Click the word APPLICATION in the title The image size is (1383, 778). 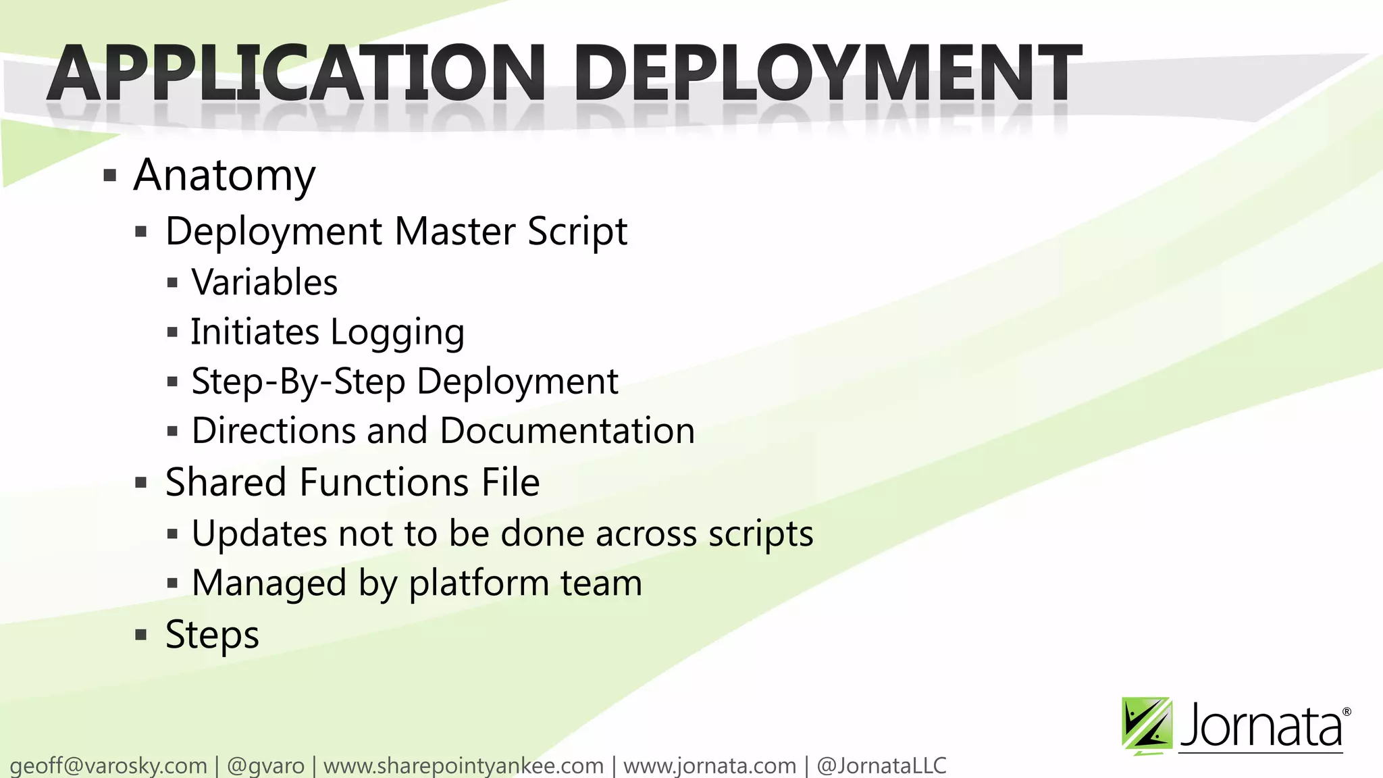click(x=297, y=73)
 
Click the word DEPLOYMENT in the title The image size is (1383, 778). click(x=827, y=73)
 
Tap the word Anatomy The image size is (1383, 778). click(x=224, y=176)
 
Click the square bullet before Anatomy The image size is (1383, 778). click(x=110, y=177)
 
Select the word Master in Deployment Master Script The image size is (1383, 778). click(x=454, y=232)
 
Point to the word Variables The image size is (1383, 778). click(x=264, y=282)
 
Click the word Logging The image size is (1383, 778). click(x=397, y=332)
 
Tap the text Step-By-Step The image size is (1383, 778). click(x=298, y=382)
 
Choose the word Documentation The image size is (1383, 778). click(x=567, y=431)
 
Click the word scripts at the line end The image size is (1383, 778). click(x=760, y=534)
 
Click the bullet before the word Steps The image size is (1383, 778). click(x=140, y=635)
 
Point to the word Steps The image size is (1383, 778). click(x=211, y=635)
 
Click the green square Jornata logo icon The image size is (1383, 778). click(x=1146, y=725)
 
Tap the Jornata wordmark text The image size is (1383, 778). click(x=1261, y=727)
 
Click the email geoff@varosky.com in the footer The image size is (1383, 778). click(x=108, y=766)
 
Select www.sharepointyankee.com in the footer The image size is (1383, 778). click(x=463, y=766)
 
